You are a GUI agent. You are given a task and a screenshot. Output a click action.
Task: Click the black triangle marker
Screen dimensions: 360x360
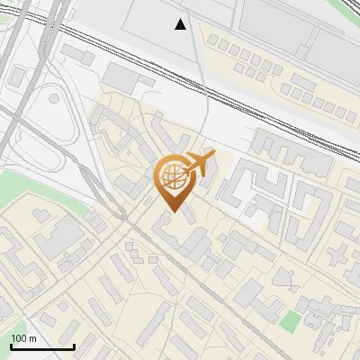tap(181, 24)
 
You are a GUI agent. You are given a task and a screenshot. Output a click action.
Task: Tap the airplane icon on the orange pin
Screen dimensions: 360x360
tap(199, 165)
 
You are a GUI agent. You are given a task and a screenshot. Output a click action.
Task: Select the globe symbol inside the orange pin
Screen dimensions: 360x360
tap(174, 178)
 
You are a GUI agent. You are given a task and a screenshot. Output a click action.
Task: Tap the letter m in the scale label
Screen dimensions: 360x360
tap(33, 338)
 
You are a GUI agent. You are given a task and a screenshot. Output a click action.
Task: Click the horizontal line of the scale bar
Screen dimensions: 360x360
tap(41, 346)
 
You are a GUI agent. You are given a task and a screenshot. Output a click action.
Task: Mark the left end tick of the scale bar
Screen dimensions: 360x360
tap(11, 345)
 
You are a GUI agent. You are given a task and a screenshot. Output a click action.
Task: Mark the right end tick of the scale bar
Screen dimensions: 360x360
tap(73, 345)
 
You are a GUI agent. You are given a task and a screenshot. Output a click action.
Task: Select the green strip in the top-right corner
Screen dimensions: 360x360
tap(349, 7)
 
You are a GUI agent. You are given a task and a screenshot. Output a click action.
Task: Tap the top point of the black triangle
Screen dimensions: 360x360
tap(181, 19)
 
